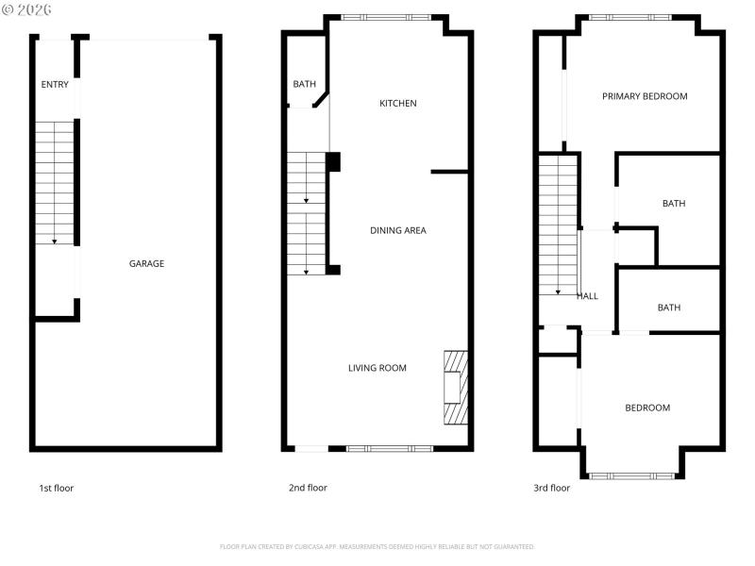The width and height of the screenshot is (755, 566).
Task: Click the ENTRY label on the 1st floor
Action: tap(55, 85)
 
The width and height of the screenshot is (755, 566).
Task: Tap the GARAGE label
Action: tap(146, 264)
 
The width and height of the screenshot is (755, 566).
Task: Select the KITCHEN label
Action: tap(397, 104)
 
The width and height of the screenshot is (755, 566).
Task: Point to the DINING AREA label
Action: tap(397, 230)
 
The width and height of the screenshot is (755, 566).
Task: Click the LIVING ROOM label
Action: tap(377, 368)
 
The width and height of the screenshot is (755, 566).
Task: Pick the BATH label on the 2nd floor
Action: tap(304, 85)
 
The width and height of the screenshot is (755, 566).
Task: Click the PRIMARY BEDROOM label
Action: tap(646, 96)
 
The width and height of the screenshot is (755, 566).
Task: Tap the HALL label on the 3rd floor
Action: tap(587, 296)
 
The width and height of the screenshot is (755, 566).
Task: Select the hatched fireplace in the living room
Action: tap(456, 387)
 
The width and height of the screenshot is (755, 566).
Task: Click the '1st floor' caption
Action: tap(56, 488)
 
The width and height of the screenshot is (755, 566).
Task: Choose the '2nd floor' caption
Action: tap(308, 488)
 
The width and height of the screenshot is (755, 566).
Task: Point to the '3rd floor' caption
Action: tap(552, 488)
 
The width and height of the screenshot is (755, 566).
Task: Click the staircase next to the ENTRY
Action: tap(55, 184)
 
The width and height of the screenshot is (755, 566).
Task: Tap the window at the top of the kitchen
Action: tap(386, 17)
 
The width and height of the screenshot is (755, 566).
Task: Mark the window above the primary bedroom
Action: tap(630, 17)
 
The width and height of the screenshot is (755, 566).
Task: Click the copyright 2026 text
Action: tap(26, 8)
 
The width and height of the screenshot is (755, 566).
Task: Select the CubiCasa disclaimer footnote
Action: tap(377, 546)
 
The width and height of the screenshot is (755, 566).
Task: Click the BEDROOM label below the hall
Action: tap(647, 408)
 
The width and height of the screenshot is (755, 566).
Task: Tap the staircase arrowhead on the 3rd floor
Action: tap(557, 291)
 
